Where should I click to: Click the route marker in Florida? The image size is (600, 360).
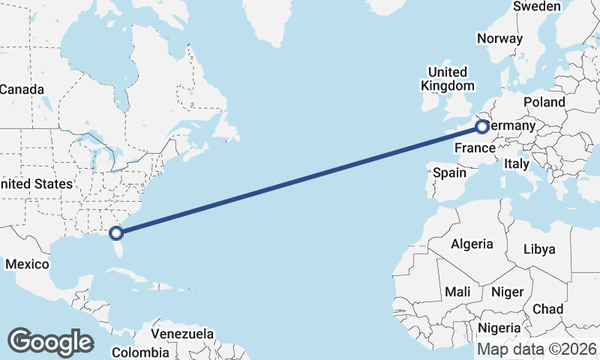115,232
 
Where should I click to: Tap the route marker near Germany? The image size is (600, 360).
482,127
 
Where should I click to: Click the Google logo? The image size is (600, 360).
50,342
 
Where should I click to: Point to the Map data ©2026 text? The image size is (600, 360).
537,349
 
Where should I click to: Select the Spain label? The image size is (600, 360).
449,172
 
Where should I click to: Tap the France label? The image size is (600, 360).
475,148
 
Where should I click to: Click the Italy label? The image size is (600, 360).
517,163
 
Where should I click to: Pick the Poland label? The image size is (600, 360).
544,101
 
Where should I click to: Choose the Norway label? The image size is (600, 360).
499,39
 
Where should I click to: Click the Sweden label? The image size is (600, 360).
537,7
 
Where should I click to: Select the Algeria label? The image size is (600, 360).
472,244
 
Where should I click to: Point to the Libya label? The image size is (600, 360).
540,248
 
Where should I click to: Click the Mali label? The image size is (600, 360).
457,291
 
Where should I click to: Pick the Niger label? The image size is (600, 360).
507,291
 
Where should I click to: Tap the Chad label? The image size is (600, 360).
547,308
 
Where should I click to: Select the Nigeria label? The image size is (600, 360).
499,328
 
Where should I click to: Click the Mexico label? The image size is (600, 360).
27,264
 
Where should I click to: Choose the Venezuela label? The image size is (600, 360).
182,334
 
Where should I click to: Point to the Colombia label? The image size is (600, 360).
140,352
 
